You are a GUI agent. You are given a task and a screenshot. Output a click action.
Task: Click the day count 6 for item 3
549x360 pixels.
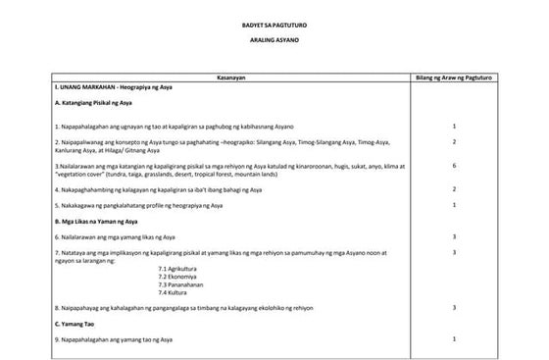[x=454, y=167]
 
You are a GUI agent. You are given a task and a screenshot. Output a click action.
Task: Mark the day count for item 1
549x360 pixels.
[x=454, y=127]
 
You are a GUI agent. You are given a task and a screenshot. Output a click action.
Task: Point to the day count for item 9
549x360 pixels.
[x=454, y=338]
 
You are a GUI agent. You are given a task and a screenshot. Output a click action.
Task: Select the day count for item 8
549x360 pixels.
[x=454, y=307]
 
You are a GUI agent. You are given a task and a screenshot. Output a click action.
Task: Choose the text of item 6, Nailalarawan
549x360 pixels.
[x=119, y=237]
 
